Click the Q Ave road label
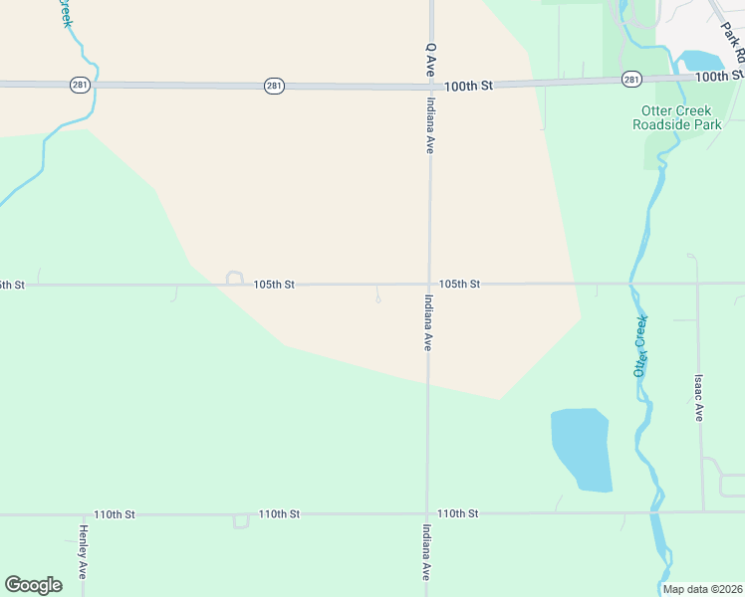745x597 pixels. (431, 60)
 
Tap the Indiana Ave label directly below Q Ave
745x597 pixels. (430, 124)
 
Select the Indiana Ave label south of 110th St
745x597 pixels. (426, 552)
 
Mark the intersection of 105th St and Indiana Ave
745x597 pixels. (429, 285)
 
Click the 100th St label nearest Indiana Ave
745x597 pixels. (469, 87)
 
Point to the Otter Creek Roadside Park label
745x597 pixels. (677, 117)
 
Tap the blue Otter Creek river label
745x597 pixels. (640, 345)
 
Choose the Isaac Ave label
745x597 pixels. (699, 398)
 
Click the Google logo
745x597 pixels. (33, 585)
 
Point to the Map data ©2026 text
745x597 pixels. (701, 589)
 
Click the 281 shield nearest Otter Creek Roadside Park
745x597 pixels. (630, 79)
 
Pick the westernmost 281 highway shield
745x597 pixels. (81, 85)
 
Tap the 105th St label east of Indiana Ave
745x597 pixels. (460, 285)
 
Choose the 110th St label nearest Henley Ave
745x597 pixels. (114, 514)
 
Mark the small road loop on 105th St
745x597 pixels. (235, 278)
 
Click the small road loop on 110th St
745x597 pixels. (240, 520)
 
